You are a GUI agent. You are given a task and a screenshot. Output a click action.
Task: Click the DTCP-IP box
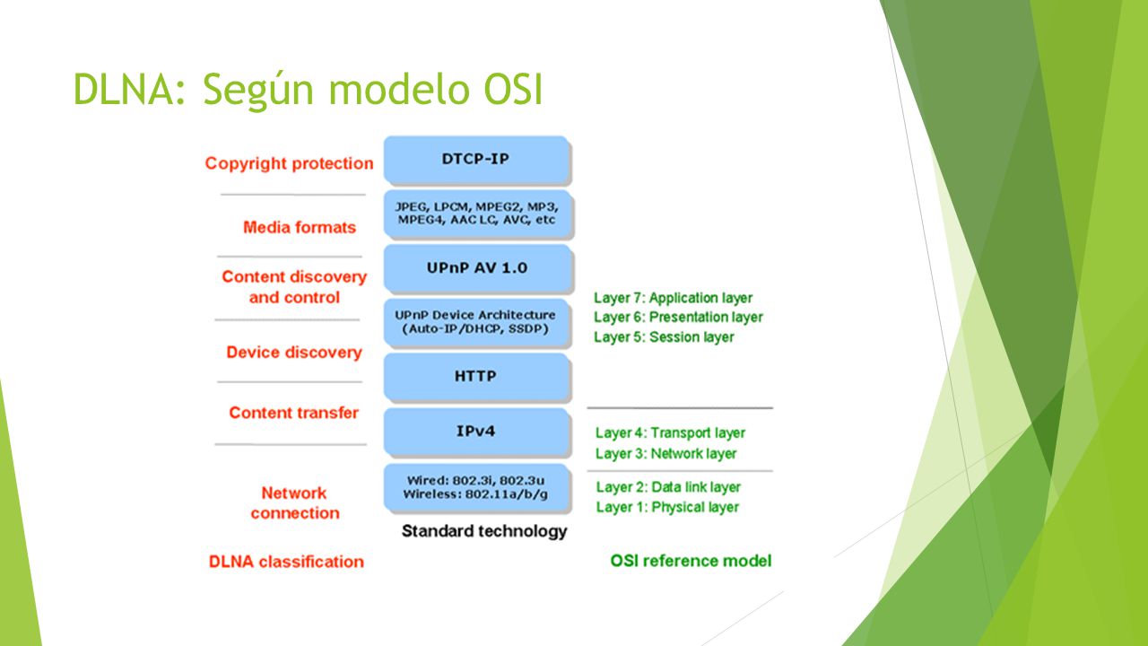[x=477, y=160]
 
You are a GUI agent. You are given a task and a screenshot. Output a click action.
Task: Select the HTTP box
[x=477, y=378]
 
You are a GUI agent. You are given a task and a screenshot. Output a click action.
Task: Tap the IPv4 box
[x=477, y=432]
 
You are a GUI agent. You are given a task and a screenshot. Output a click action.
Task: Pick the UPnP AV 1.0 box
[x=478, y=268]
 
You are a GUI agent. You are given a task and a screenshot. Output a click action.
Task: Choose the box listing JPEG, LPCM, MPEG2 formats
[x=478, y=214]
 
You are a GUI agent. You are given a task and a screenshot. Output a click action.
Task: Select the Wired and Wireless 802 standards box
[x=477, y=488]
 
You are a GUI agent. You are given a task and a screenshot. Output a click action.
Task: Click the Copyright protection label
[x=289, y=163]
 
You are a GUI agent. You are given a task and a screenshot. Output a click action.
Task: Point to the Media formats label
[x=300, y=227]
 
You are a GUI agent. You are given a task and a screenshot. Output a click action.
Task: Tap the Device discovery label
[x=294, y=353]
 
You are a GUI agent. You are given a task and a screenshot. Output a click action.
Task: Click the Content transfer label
[x=293, y=413]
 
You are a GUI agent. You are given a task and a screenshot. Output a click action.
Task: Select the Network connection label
[x=295, y=503]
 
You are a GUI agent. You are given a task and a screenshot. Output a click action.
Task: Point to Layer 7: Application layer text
[x=673, y=298]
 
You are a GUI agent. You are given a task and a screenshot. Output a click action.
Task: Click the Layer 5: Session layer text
[x=664, y=337]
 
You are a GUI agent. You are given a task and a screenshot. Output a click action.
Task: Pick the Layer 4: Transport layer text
[x=670, y=433]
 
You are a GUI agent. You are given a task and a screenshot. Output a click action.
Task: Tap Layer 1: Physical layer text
[x=667, y=508]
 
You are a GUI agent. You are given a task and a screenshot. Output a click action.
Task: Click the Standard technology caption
[x=484, y=532]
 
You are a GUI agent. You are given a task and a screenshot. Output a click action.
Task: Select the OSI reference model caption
[x=691, y=561]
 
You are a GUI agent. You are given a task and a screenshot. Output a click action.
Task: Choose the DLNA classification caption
[x=286, y=562]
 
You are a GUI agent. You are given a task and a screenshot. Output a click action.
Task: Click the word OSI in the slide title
[x=513, y=89]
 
